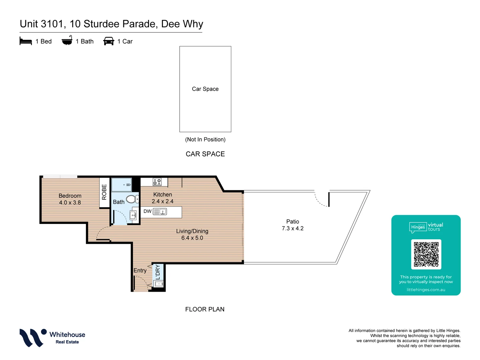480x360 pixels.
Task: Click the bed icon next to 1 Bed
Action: (x=26, y=41)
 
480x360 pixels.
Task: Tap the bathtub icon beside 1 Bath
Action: (x=67, y=41)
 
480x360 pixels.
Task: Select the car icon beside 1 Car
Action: (x=109, y=41)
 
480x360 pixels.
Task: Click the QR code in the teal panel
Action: (x=426, y=254)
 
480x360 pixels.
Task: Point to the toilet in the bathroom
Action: (x=132, y=199)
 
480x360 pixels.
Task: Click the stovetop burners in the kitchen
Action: (x=157, y=182)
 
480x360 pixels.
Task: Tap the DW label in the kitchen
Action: (x=147, y=211)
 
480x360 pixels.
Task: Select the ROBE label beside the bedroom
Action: (x=104, y=192)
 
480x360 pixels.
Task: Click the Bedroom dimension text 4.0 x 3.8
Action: (x=70, y=203)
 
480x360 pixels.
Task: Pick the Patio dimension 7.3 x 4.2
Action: (x=293, y=228)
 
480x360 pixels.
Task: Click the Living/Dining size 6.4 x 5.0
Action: (x=192, y=238)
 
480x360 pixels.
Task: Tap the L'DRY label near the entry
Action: (x=158, y=272)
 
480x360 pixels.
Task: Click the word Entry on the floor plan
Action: (x=140, y=270)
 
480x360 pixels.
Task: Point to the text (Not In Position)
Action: (x=205, y=139)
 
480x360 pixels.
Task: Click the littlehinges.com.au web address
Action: (x=426, y=290)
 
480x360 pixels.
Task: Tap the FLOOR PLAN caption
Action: (x=205, y=309)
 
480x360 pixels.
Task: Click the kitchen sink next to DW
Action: (x=163, y=212)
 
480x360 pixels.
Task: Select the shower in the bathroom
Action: (x=121, y=185)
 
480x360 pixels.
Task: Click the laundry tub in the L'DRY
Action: (x=159, y=284)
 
